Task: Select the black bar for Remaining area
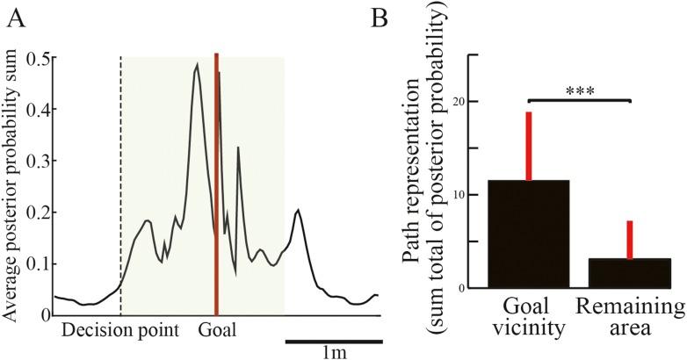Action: (x=630, y=272)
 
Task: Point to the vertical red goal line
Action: (x=216, y=176)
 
